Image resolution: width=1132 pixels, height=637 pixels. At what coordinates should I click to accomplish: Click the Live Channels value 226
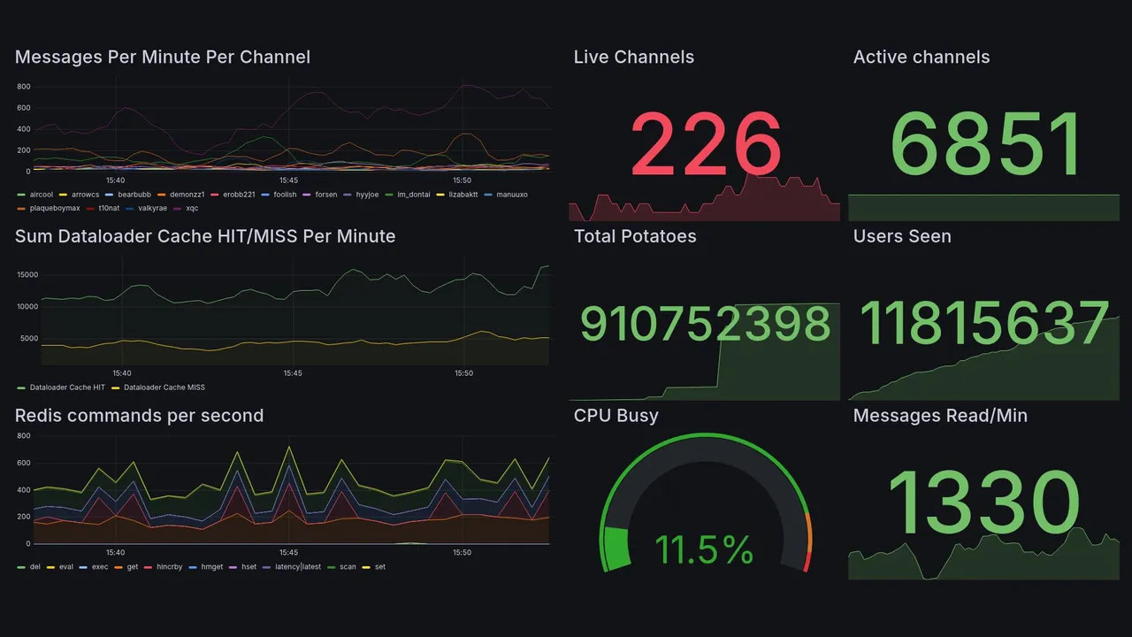click(x=705, y=143)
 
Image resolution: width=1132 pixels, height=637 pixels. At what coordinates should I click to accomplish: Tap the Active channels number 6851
click(x=985, y=145)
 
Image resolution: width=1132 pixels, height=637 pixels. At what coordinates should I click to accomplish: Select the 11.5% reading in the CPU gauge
click(x=704, y=550)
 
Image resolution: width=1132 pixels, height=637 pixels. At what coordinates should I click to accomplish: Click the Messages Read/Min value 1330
click(x=983, y=503)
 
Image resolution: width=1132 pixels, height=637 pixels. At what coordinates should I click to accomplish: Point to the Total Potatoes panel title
click(x=634, y=236)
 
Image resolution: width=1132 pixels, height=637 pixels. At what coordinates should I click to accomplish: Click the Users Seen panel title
click(x=901, y=236)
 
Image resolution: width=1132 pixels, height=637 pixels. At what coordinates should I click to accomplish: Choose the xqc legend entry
click(x=192, y=208)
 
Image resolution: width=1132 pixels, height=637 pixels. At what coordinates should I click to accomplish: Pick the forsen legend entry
click(x=325, y=194)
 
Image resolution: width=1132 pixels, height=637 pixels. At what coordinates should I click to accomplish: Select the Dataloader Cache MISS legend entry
click(x=164, y=387)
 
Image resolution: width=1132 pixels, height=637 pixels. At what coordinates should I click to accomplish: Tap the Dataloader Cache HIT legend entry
click(x=67, y=387)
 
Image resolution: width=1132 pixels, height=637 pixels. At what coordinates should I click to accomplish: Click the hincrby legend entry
click(x=168, y=566)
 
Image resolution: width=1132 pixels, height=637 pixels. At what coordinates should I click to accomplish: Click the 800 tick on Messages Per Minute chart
click(x=24, y=87)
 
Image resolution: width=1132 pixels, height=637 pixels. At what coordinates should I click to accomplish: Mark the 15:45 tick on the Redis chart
click(x=288, y=552)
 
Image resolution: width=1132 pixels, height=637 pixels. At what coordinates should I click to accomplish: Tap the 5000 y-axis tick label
click(x=28, y=338)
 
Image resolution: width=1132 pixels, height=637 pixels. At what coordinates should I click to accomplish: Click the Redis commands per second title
click(x=139, y=416)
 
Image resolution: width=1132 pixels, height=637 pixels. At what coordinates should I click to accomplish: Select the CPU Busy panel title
click(x=616, y=416)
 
